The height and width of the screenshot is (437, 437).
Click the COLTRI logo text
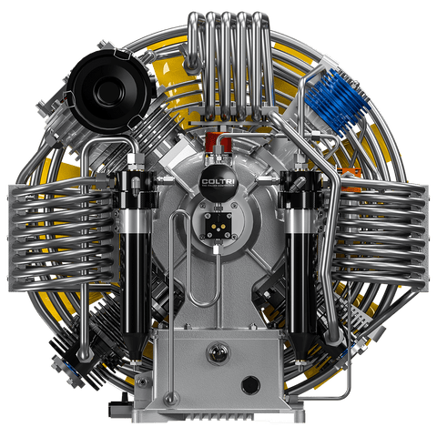click(218, 181)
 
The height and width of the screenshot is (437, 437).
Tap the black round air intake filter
click(109, 90)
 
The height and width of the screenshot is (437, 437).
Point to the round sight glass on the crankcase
click(218, 352)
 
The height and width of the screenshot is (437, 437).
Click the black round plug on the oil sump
click(250, 385)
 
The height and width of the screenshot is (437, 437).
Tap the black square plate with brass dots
click(218, 225)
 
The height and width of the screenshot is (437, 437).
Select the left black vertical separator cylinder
click(136, 261)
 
